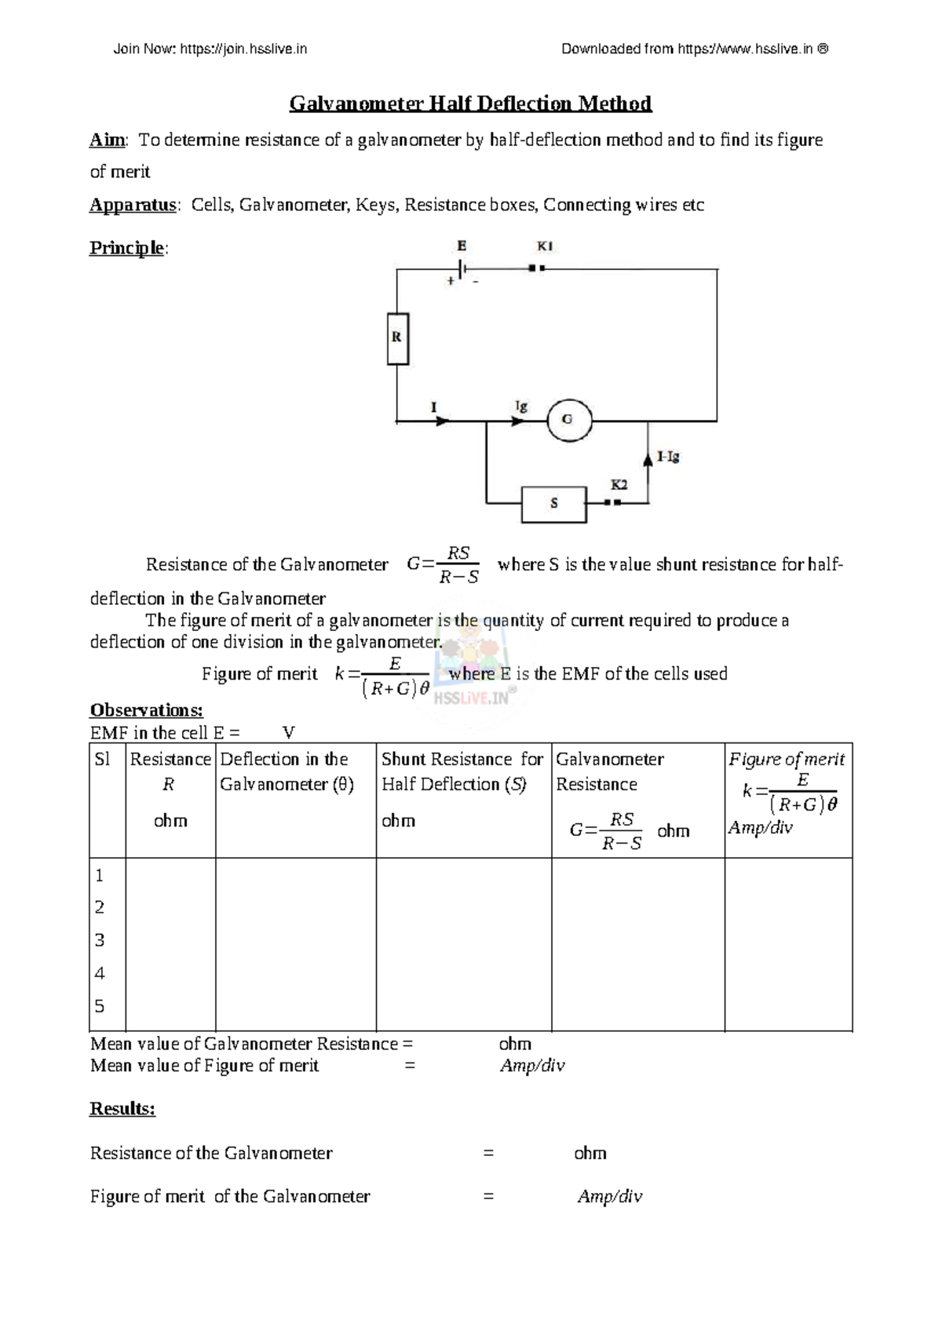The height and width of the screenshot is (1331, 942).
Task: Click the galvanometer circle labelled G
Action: point(568,419)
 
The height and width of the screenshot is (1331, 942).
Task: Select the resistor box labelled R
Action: point(398,337)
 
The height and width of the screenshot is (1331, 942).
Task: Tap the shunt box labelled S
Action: point(554,505)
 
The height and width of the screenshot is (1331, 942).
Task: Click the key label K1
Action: point(545,246)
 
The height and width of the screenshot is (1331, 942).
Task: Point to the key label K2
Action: point(619,485)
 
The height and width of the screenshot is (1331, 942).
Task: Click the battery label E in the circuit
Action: point(462,246)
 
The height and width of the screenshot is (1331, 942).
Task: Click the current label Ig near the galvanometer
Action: point(521,406)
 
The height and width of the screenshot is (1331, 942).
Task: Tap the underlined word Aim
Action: point(107,140)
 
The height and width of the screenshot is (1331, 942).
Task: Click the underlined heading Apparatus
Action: point(133,206)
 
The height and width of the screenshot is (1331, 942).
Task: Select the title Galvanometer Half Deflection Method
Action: point(470,104)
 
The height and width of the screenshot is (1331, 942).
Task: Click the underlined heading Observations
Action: point(147,710)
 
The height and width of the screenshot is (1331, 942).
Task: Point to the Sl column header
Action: point(102,760)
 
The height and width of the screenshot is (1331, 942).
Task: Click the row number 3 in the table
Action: point(100,940)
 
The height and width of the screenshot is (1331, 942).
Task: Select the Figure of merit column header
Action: point(787,760)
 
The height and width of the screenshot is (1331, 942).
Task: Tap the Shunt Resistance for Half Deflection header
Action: point(462,771)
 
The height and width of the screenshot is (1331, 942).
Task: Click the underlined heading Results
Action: point(122,1109)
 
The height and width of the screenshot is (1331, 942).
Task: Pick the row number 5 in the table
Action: point(100,1006)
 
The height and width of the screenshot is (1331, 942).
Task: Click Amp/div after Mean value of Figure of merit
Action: point(532,1066)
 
